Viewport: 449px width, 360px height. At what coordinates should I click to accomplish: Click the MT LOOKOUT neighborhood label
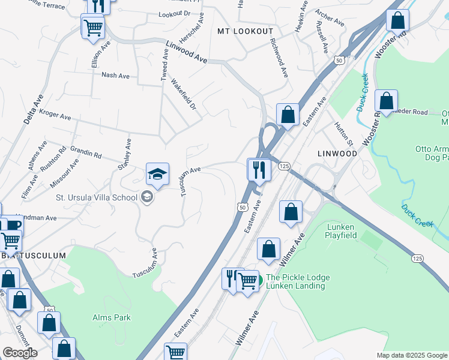click(x=245, y=31)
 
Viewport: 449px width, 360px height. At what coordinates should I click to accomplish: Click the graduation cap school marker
click(x=157, y=175)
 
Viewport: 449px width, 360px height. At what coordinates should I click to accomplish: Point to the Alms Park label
click(x=112, y=317)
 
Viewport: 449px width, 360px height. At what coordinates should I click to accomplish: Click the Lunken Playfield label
click(x=350, y=231)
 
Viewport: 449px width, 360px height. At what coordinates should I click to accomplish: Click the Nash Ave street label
click(x=116, y=76)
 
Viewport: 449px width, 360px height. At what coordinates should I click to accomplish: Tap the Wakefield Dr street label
click(x=183, y=94)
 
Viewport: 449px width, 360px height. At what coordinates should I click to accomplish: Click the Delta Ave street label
click(x=32, y=109)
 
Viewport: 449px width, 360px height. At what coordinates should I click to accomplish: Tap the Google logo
click(x=20, y=353)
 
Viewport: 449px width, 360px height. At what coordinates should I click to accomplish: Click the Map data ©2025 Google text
click(x=412, y=355)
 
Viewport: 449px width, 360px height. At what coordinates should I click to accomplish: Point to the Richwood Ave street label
click(x=279, y=58)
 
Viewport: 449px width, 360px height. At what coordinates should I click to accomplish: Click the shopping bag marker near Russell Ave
click(x=397, y=21)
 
